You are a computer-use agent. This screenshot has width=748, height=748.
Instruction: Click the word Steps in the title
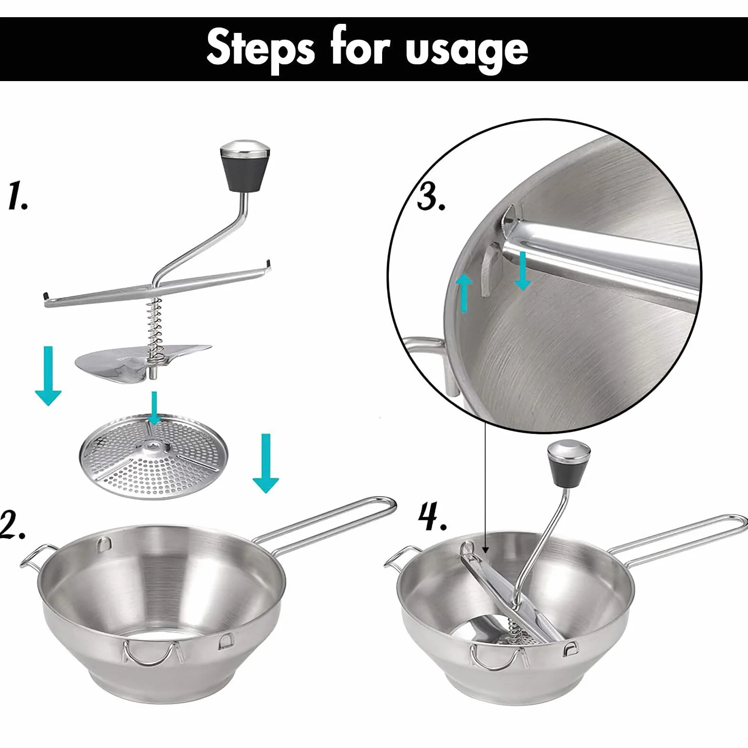pos(260,48)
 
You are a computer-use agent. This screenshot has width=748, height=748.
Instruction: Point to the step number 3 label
pos(431,196)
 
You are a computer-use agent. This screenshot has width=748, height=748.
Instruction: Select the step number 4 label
pos(433,518)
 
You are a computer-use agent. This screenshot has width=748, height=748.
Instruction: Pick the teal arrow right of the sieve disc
pos(266,463)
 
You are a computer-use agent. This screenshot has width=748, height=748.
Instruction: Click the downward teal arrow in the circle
pos(523,270)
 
